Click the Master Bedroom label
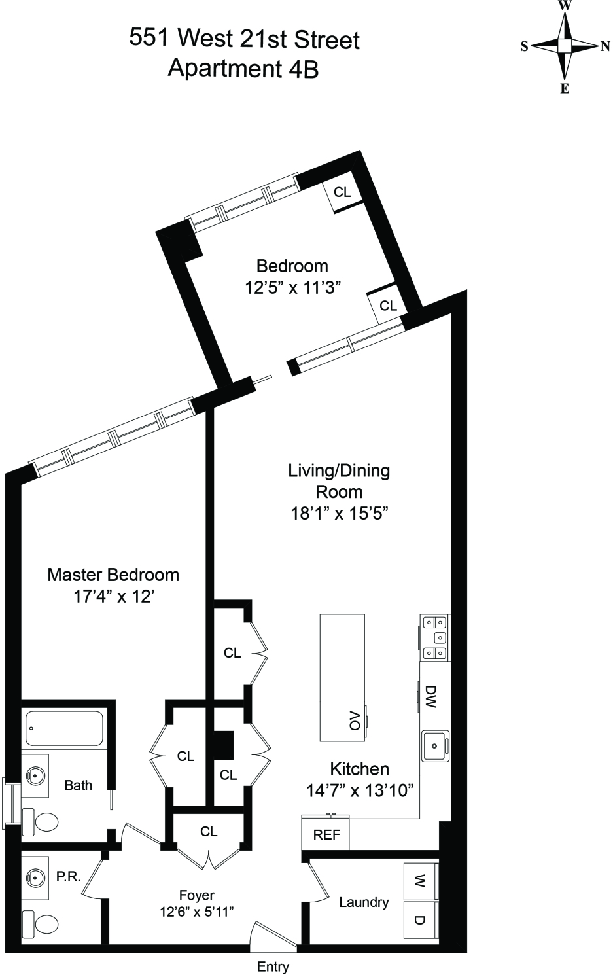click(113, 575)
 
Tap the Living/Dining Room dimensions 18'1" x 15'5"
click(339, 514)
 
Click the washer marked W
click(420, 882)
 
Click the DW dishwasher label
click(430, 697)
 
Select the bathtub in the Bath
click(64, 728)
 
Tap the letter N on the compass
click(605, 46)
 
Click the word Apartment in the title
click(225, 68)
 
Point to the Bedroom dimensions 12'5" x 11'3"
click(292, 288)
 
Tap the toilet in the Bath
click(40, 823)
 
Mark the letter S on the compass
click(524, 46)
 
